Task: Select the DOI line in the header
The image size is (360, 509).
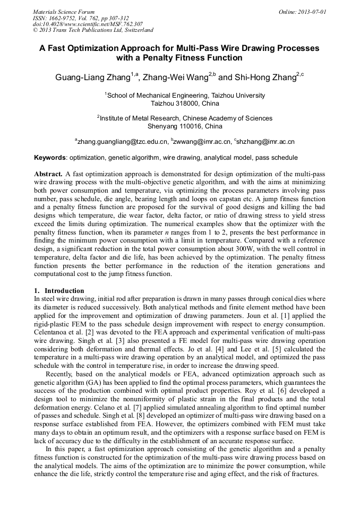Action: point(88,24)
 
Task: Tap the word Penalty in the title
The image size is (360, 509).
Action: point(196,58)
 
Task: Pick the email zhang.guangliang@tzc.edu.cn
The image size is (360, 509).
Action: point(122,142)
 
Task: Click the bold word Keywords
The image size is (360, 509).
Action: point(50,158)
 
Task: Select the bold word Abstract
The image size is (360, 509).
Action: point(49,174)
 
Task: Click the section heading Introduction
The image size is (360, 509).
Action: point(64,290)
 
